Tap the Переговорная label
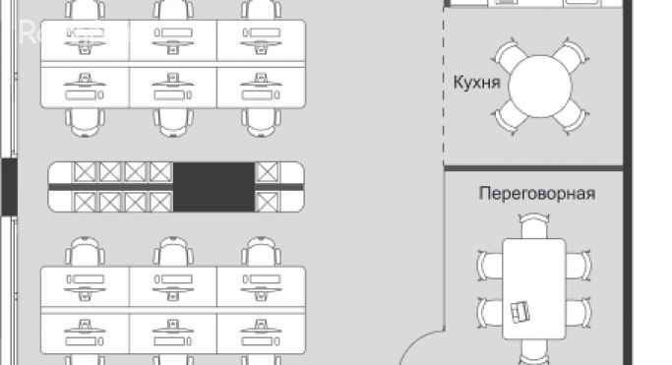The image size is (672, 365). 536,193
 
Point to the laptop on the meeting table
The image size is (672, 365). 519,312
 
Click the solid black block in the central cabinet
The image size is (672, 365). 214,186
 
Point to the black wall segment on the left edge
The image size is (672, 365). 9,186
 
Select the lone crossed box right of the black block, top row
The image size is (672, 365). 267,173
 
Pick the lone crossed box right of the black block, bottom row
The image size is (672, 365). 267,201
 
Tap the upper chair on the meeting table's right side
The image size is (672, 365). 580,264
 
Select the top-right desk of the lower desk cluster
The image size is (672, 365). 260,286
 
